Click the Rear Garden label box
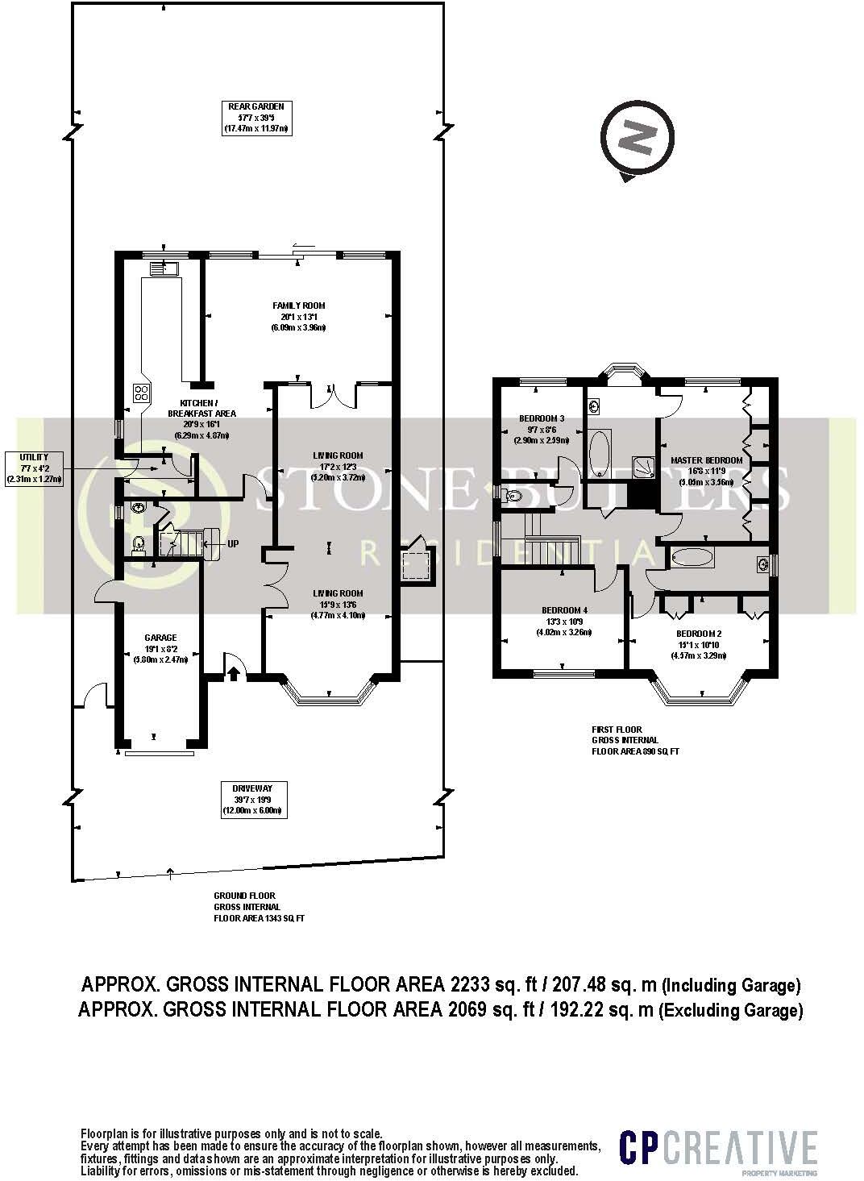pos(255,117)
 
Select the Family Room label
pos(298,316)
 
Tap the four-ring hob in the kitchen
pos(142,393)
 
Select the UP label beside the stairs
pos(233,544)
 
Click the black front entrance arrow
pos(234,672)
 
